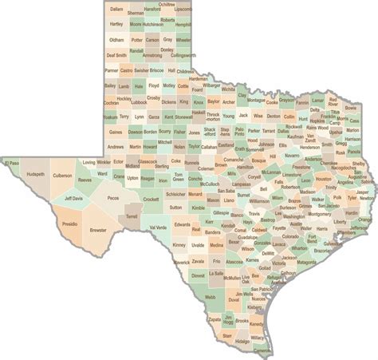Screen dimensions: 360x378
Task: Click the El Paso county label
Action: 13,163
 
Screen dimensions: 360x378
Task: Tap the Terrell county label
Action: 132,216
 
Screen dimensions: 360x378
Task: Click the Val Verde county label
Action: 158,227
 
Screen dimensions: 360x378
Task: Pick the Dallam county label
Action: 116,9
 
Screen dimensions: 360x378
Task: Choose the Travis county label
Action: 254,214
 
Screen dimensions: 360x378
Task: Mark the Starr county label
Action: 226,336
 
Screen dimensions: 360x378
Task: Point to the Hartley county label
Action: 116,24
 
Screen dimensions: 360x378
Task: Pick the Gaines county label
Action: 116,132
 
